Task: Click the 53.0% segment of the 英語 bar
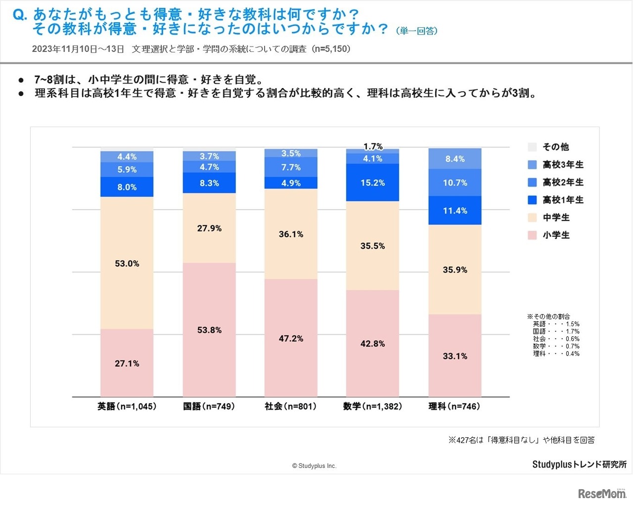127,263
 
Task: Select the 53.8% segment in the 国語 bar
209,329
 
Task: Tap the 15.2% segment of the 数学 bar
372,183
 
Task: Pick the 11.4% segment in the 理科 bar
455,211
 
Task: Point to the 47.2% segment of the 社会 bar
291,338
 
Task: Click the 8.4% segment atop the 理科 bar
455,159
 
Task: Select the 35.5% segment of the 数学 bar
372,246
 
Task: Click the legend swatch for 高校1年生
533,200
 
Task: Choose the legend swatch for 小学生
533,235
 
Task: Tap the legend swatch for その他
533,147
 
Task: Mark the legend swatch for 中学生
533,218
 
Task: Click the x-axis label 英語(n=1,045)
127,407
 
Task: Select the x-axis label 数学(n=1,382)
372,407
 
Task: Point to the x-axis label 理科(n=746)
454,407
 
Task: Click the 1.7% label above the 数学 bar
373,146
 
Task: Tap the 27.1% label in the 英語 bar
127,364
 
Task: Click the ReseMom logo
602,493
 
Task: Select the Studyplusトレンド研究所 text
579,464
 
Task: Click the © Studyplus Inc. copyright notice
314,466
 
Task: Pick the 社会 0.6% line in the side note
556,339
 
